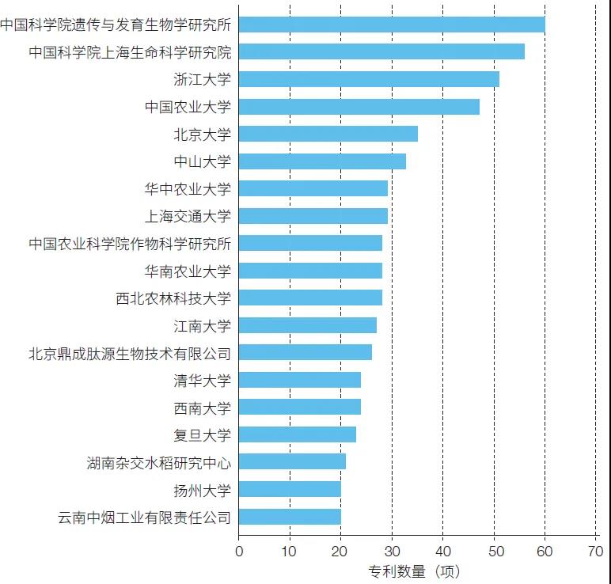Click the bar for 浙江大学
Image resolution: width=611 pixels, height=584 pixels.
click(369, 79)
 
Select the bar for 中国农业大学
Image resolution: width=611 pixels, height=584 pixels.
click(359, 107)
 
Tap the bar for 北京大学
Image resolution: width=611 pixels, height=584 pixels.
click(328, 134)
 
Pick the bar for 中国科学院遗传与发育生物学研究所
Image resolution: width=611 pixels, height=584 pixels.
click(392, 25)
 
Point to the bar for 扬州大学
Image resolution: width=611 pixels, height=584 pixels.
click(290, 489)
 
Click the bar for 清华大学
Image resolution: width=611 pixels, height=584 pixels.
click(299, 380)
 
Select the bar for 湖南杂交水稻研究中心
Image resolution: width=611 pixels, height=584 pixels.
click(292, 461)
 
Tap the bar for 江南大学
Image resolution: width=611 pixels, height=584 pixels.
click(307, 325)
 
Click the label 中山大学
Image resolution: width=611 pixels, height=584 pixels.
click(202, 161)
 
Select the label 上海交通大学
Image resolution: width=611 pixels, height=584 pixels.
click(188, 216)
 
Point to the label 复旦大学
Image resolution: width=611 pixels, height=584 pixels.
click(202, 434)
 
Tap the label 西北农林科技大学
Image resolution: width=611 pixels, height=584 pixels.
click(173, 298)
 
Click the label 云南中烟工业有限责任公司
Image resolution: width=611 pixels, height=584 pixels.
click(145, 518)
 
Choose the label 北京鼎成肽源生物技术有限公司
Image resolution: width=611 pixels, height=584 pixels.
click(130, 353)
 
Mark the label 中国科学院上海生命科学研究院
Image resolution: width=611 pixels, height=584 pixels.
click(130, 52)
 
